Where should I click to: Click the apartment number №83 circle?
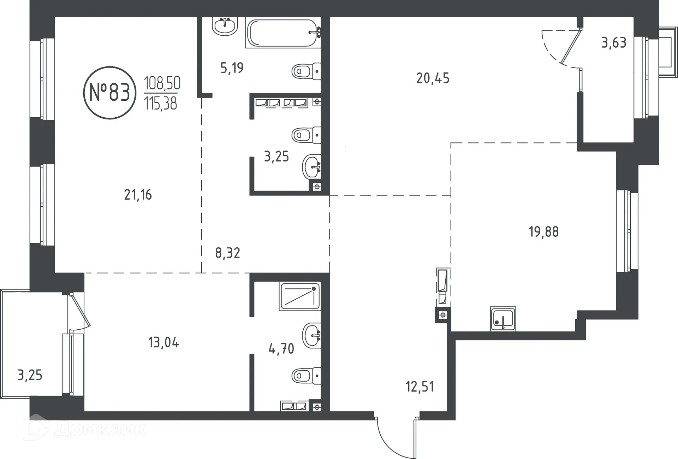pyautogui.click(x=109, y=93)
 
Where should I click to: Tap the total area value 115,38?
pyautogui.click(x=161, y=104)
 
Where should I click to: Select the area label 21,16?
pyautogui.click(x=138, y=195)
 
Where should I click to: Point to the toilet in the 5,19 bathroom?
pyautogui.click(x=306, y=72)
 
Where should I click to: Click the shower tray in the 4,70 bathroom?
pyautogui.click(x=299, y=296)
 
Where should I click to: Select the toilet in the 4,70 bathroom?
pyautogui.click(x=306, y=376)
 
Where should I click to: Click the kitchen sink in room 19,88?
pyautogui.click(x=503, y=318)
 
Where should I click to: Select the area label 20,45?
pyautogui.click(x=433, y=78)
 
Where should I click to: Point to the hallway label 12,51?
pyautogui.click(x=420, y=387)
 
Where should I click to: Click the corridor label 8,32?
pyautogui.click(x=227, y=253)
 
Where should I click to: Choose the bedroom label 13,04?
pyautogui.click(x=163, y=342)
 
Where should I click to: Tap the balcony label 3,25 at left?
pyautogui.click(x=30, y=375)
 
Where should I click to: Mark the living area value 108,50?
pyautogui.click(x=162, y=83)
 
